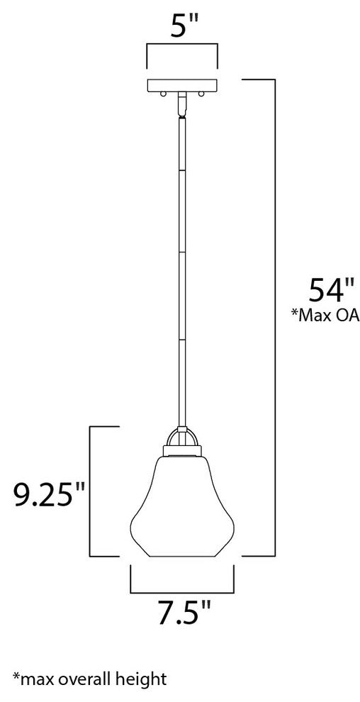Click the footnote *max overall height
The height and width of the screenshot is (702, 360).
89,679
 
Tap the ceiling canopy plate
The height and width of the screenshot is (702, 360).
182,86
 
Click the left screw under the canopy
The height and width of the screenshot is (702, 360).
164,94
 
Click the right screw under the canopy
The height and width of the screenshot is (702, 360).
201,94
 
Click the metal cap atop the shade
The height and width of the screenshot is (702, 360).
182,450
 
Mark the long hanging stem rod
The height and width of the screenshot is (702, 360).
182,269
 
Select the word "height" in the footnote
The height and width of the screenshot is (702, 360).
144,679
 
